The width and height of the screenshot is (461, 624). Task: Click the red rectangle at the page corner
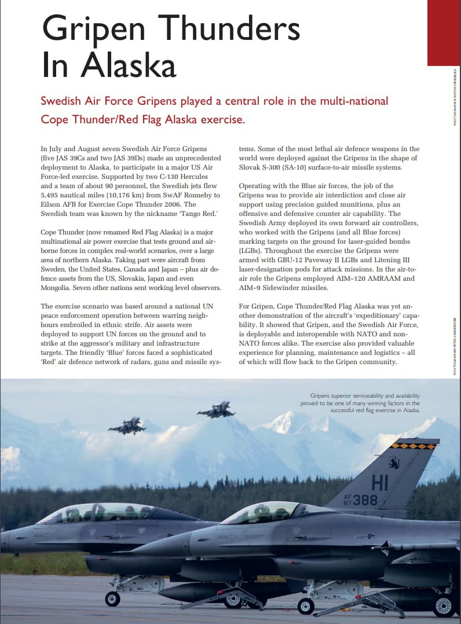tap(444, 32)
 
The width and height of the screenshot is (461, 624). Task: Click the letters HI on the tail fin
tap(380, 482)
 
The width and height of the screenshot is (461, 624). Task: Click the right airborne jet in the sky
tap(216, 410)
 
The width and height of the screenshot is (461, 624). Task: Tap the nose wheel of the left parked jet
tap(112, 599)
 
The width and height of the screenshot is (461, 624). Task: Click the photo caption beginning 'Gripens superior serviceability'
tap(360, 403)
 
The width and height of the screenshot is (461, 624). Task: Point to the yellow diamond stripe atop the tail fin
tap(414, 446)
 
